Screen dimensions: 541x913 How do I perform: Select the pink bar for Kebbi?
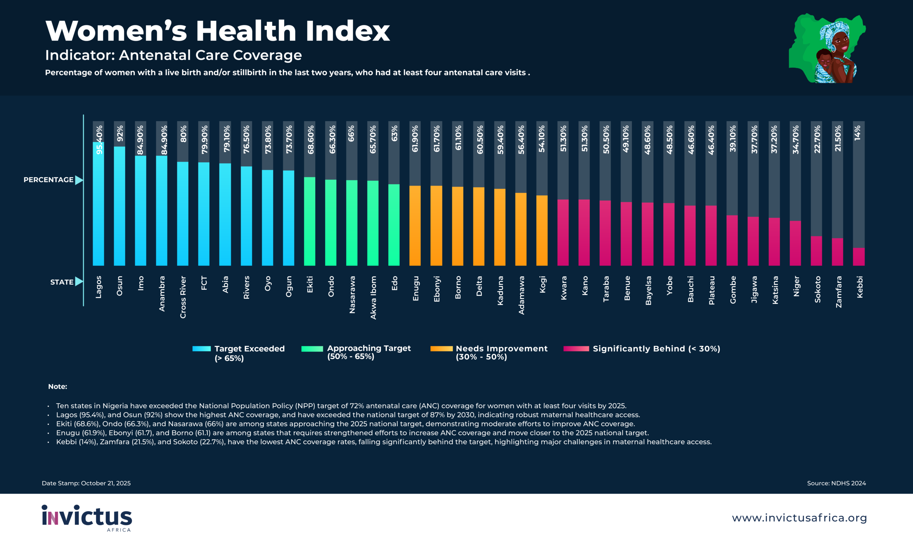pyautogui.click(x=859, y=257)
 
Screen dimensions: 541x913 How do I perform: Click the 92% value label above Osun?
pyautogui.click(x=120, y=133)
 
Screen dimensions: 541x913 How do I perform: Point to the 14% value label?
pyautogui.click(x=858, y=133)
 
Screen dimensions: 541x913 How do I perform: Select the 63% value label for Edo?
pyautogui.click(x=394, y=133)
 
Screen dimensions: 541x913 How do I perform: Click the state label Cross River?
pyautogui.click(x=183, y=297)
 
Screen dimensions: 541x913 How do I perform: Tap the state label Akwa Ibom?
pyautogui.click(x=373, y=298)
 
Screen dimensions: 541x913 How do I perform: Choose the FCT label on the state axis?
pyautogui.click(x=204, y=283)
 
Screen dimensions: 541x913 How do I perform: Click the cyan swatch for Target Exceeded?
pyautogui.click(x=202, y=349)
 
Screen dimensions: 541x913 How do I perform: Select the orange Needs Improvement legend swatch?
pyautogui.click(x=441, y=349)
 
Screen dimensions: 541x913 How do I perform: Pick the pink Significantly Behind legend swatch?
pyautogui.click(x=576, y=349)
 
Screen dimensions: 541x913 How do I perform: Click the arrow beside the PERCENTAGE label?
pyautogui.click(x=79, y=180)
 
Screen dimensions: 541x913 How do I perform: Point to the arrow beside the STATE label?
pyautogui.click(x=79, y=282)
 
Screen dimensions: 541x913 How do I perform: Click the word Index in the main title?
pyautogui.click(x=348, y=31)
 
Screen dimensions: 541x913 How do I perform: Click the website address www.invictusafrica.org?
pyautogui.click(x=799, y=518)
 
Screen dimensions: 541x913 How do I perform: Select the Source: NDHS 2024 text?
pyautogui.click(x=836, y=483)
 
